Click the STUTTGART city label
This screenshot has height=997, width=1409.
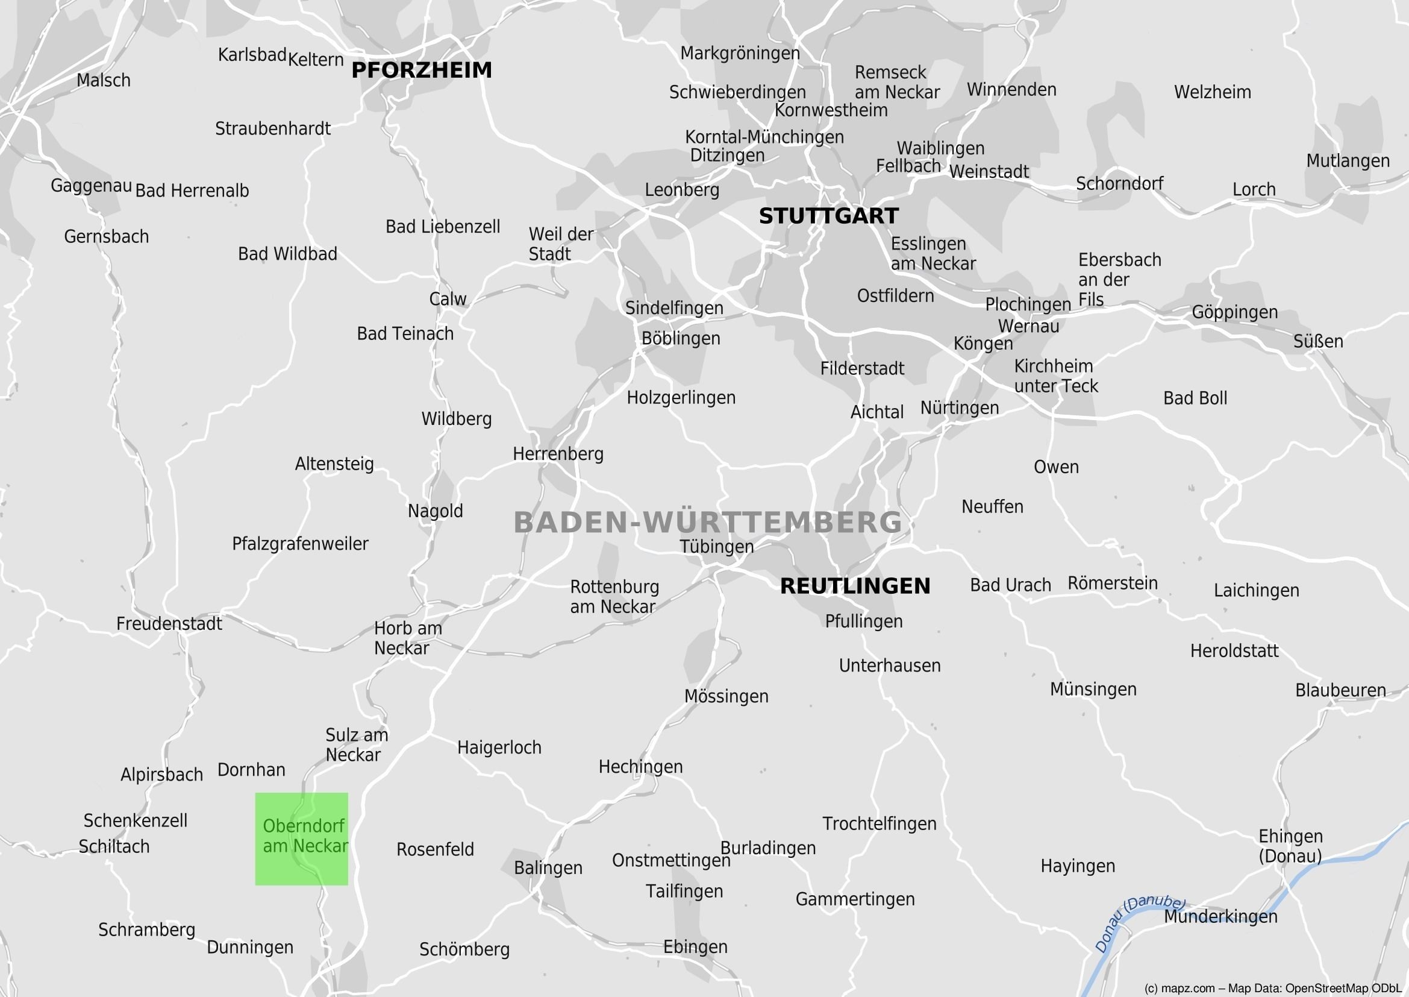click(828, 216)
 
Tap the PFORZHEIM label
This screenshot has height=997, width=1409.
click(422, 70)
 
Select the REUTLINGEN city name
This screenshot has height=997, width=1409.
click(855, 586)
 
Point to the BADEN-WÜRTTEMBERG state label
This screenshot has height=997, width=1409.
click(708, 523)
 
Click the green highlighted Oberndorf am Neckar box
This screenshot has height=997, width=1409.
click(301, 838)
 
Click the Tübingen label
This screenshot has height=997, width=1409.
click(716, 546)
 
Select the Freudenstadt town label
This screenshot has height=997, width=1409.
click(169, 624)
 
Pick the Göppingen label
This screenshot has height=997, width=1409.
click(1234, 312)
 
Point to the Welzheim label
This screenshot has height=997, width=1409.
click(1212, 92)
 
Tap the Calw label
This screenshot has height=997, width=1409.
click(448, 299)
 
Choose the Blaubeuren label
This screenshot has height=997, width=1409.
click(1340, 690)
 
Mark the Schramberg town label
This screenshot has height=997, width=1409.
click(146, 929)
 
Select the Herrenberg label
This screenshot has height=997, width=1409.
click(558, 454)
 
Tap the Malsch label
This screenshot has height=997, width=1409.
click(103, 80)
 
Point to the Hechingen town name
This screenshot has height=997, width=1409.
click(640, 767)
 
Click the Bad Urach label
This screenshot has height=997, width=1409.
click(1010, 585)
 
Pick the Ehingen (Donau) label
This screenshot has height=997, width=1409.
click(1290, 846)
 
